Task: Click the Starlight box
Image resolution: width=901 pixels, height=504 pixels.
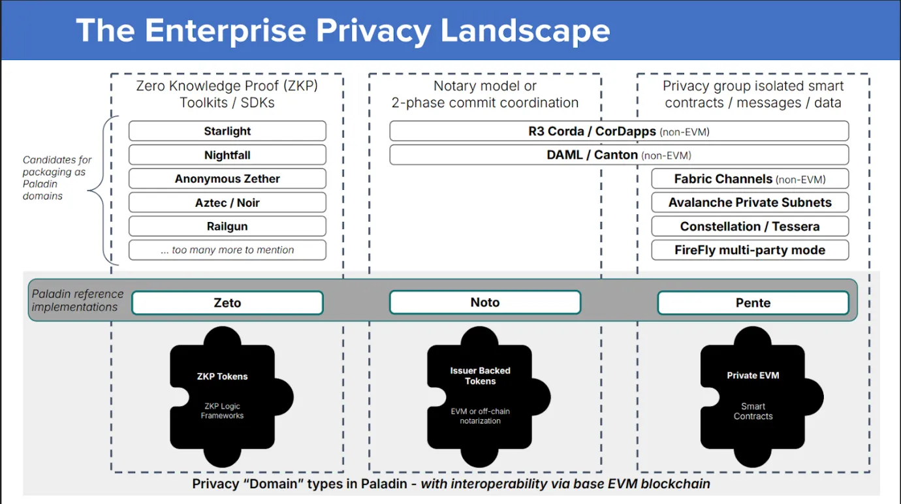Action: pos(227,131)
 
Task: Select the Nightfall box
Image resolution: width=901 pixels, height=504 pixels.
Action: pos(227,155)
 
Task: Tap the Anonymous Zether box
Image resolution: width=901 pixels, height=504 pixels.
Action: pos(227,179)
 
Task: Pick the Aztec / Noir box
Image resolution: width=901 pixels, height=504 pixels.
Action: pos(227,203)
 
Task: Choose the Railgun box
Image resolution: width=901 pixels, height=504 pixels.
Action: pos(227,227)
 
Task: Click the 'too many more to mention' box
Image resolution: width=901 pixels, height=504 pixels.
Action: pos(227,250)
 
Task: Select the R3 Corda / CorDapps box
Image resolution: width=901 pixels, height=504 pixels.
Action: pos(618,131)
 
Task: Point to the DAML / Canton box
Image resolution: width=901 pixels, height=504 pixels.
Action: pos(618,155)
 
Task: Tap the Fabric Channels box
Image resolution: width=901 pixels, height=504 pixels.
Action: pos(750,179)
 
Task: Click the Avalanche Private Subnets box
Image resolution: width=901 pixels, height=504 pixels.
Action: pos(750,202)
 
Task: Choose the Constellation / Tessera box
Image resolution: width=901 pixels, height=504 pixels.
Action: pos(750,227)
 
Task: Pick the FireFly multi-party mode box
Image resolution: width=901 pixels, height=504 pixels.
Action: pos(750,250)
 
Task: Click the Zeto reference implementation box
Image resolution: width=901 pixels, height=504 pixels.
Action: pos(227,303)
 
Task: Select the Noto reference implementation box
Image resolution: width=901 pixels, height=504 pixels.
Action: pos(484,303)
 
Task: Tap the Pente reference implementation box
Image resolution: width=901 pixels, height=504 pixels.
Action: pos(753,303)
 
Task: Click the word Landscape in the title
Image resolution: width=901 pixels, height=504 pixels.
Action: pos(526,31)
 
